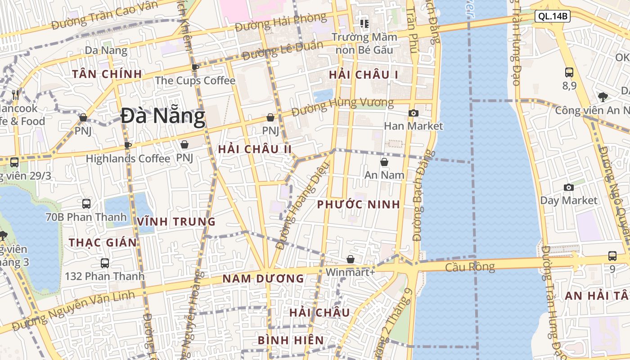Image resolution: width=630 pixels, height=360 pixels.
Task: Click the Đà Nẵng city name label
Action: click(163, 117)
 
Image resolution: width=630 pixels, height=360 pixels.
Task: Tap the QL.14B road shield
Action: click(553, 17)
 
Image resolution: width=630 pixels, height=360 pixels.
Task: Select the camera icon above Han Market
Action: click(414, 113)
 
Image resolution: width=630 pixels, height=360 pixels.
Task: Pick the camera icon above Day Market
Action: click(569, 187)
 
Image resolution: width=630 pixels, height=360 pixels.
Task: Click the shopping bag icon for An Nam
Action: click(384, 162)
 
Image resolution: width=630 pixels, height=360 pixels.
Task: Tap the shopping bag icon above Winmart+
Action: click(351, 259)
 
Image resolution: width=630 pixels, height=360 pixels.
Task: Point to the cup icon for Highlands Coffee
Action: click(128, 145)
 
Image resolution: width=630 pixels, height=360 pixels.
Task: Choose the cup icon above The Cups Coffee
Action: click(195, 67)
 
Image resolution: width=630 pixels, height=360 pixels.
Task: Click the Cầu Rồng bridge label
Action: click(470, 267)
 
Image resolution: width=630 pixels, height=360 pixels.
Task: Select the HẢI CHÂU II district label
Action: click(255, 149)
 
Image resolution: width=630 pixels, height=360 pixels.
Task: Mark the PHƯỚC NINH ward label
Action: click(358, 205)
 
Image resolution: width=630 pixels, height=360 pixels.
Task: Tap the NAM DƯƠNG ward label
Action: click(263, 279)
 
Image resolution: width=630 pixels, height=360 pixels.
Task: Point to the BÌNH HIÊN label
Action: click(291, 340)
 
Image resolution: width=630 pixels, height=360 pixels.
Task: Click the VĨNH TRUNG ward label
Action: click(176, 221)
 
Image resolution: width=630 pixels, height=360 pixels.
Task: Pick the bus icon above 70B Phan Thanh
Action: click(86, 203)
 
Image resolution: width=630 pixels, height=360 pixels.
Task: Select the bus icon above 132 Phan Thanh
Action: click(105, 263)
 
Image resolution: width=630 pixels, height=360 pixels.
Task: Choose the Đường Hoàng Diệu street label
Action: click(302, 206)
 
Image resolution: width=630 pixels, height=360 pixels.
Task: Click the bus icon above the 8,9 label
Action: click(569, 72)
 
